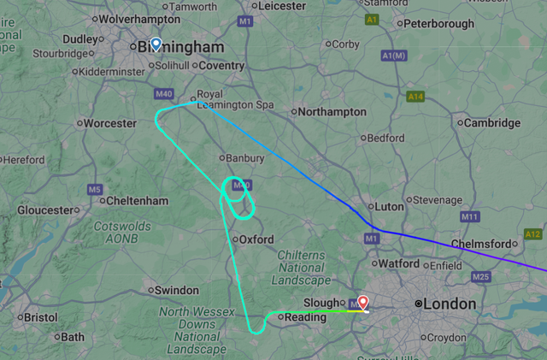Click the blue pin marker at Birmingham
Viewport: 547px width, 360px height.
coord(156,45)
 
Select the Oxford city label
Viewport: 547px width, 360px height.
coord(256,239)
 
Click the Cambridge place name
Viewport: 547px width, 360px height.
coord(491,123)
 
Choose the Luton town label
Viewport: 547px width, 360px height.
coord(385,206)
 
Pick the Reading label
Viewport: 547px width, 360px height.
coord(305,317)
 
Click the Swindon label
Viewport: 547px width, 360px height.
coord(178,290)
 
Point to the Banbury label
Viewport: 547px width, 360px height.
coord(241,157)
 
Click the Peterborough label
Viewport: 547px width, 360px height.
coord(440,23)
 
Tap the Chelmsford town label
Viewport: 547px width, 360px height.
coord(485,244)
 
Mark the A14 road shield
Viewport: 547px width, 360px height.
coord(415,97)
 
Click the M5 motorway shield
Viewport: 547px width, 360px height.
coord(94,189)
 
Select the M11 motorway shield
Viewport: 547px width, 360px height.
coord(469,217)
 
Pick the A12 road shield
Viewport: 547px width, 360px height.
coord(534,234)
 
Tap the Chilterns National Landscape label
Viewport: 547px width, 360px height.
coord(302,268)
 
